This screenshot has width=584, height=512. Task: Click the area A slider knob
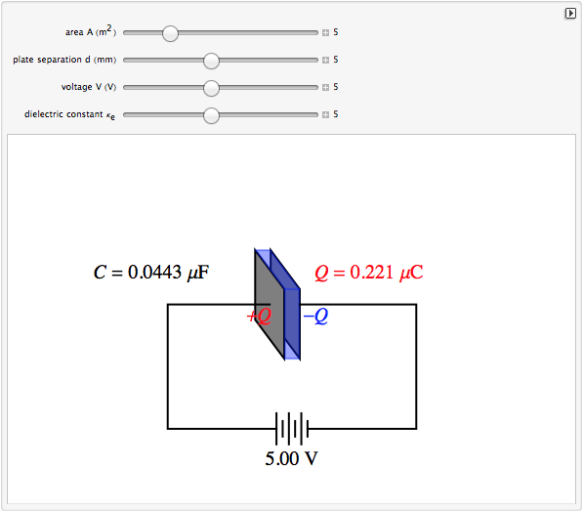point(170,33)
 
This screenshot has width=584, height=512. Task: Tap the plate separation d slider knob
point(211,61)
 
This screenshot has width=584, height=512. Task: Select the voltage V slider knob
point(211,88)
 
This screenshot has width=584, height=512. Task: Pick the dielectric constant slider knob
point(211,115)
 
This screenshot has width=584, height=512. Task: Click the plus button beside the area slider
point(325,33)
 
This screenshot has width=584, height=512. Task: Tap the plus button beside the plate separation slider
point(325,60)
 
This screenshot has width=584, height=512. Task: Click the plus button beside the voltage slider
point(325,87)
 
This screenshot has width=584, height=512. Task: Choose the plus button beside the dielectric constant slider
point(325,114)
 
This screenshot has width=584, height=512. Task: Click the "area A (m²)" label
point(91,31)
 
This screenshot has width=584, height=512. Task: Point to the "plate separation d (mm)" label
point(64,60)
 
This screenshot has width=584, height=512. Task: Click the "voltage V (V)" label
point(89,87)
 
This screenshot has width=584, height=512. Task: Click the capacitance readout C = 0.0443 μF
point(151,272)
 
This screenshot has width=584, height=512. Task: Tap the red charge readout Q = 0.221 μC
point(369,273)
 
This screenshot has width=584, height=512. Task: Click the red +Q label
point(259,316)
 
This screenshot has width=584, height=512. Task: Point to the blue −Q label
point(315,316)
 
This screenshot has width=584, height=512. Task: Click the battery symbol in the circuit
point(292,429)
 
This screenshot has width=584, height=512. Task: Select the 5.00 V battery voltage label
point(291,458)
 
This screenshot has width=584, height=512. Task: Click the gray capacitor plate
point(270,304)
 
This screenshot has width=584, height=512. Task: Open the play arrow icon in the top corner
point(570,14)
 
